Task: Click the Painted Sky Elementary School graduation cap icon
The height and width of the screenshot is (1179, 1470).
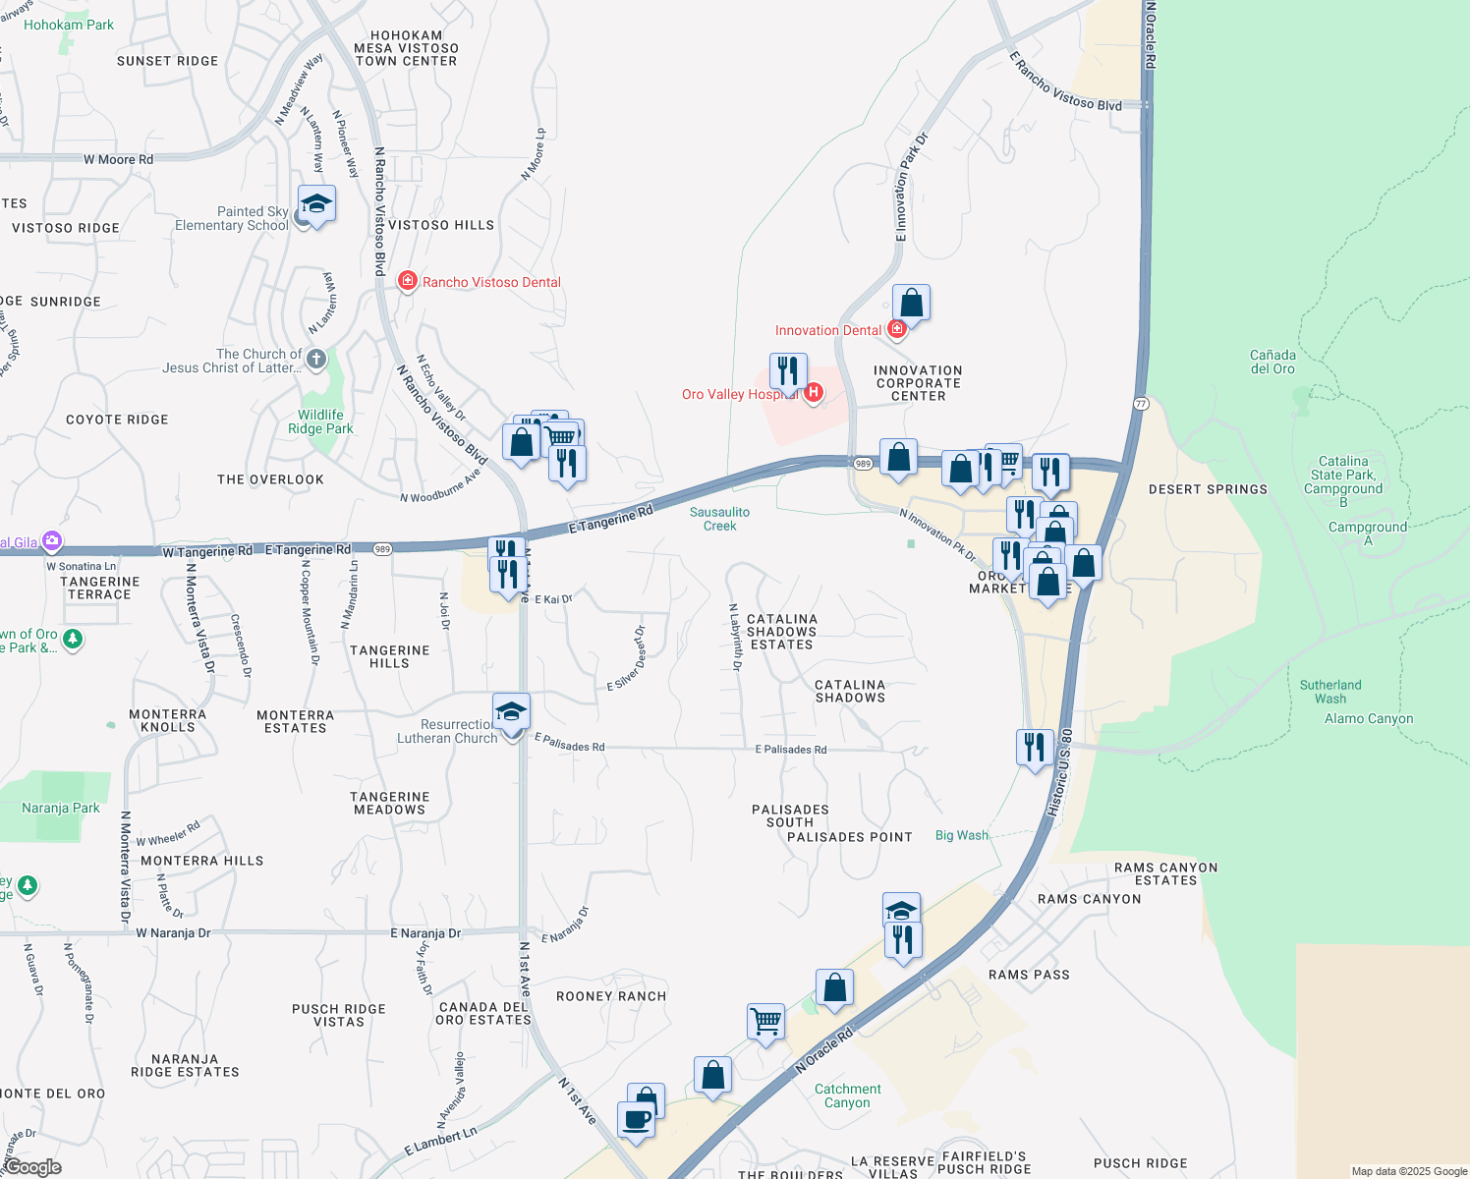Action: (316, 204)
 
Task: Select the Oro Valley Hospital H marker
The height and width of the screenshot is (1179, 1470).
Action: (814, 393)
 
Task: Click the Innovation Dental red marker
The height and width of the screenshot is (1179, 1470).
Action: (896, 330)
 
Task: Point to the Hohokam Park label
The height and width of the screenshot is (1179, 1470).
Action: (69, 25)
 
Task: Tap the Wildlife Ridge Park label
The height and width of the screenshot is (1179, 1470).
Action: (320, 421)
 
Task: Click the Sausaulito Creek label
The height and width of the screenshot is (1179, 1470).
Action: (719, 519)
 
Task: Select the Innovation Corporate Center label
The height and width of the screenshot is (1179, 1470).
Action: (918, 383)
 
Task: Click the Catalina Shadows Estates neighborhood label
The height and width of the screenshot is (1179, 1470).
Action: (781, 632)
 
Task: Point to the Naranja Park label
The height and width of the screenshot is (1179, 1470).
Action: (61, 808)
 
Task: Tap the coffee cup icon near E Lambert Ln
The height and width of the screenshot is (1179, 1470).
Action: (636, 1119)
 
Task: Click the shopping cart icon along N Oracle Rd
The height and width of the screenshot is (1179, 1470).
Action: (765, 1020)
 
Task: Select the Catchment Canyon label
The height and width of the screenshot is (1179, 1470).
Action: (847, 1095)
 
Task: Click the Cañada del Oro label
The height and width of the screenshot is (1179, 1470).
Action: (1272, 362)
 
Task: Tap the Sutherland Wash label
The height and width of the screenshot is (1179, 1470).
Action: (1330, 692)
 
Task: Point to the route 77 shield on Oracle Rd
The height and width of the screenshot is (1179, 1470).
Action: (1141, 404)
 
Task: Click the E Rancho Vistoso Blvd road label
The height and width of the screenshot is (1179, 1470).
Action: (1065, 82)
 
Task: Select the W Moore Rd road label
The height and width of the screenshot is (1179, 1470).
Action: (118, 159)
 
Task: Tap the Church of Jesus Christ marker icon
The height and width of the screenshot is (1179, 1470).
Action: (316, 360)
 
